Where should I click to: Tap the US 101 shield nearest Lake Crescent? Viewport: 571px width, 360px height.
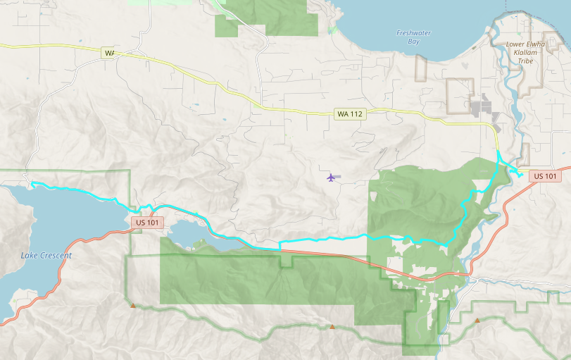click(149, 222)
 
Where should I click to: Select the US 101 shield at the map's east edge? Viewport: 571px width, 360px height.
click(545, 175)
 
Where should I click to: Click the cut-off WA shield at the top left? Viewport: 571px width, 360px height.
click(108, 53)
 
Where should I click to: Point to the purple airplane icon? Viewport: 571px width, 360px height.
click(332, 177)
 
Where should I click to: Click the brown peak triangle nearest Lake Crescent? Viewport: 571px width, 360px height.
click(132, 305)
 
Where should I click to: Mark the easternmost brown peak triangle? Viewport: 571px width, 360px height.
click(477, 321)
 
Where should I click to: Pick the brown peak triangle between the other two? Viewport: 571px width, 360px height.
click(332, 326)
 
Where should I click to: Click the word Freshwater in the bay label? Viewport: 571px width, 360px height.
click(413, 33)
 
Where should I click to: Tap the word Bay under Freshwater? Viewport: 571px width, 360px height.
click(414, 42)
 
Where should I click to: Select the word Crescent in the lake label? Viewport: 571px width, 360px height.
click(56, 255)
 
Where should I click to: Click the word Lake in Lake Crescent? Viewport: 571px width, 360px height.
click(30, 255)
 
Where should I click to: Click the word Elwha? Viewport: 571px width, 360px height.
click(534, 44)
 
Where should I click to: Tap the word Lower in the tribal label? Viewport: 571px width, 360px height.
click(516, 44)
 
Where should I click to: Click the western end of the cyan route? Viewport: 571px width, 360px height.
click(32, 184)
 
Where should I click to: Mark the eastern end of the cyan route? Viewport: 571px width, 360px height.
click(520, 176)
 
